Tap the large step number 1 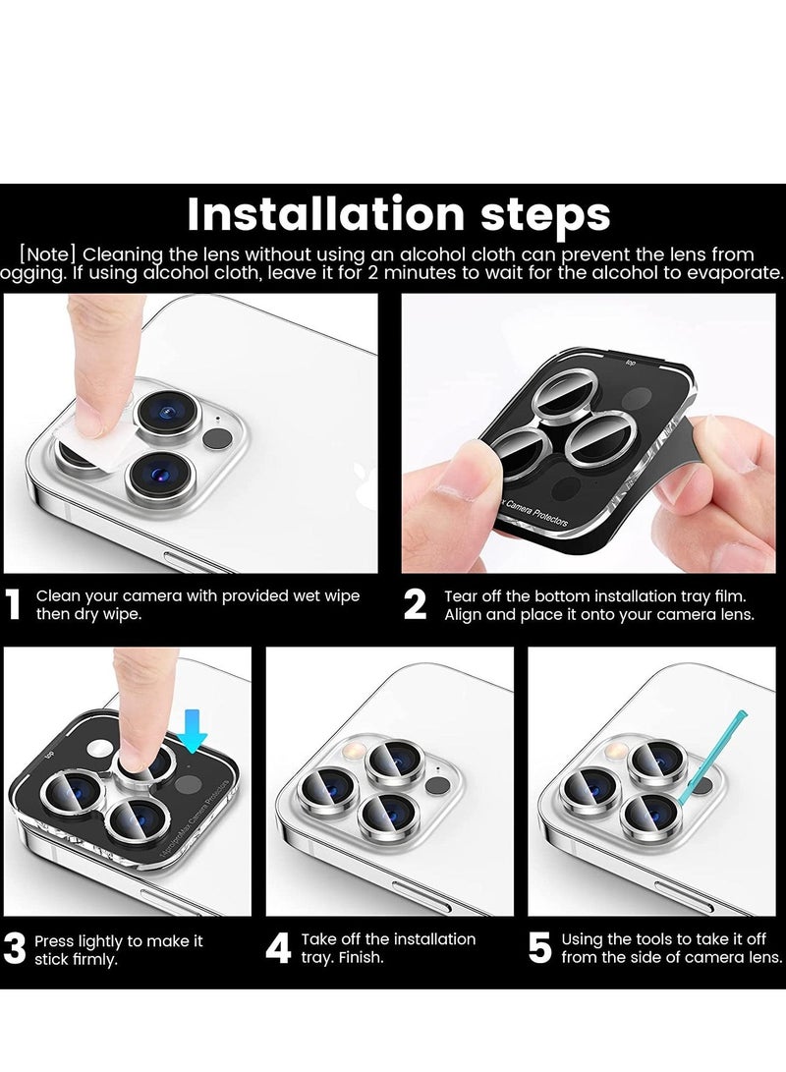13,605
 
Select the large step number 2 416,605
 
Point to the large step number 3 15,949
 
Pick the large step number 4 279,949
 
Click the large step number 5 540,949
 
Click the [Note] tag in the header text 49,254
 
